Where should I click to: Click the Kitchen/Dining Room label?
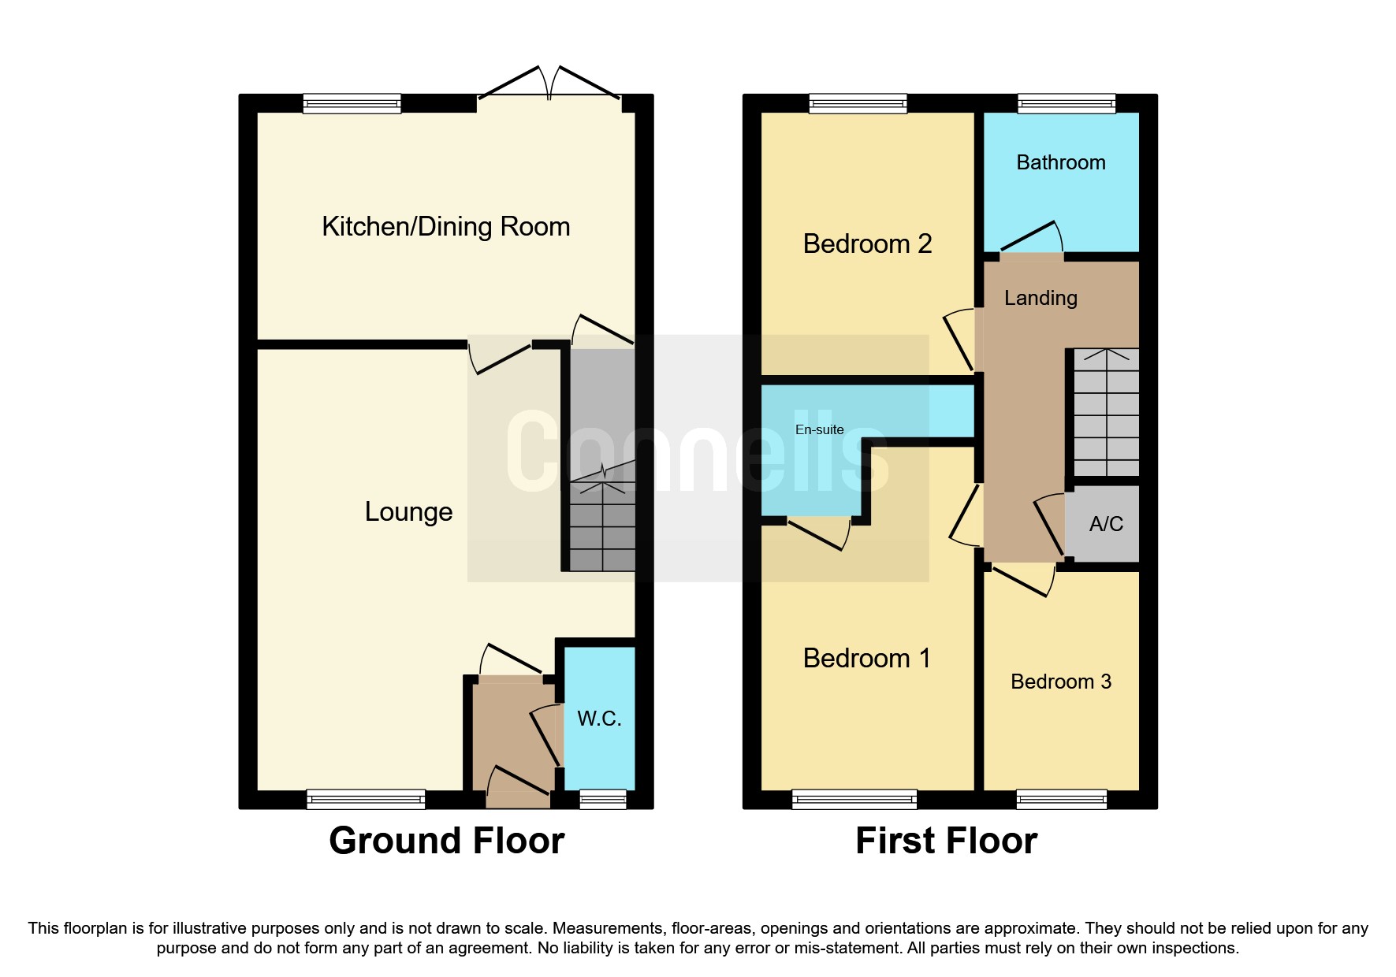pyautogui.click(x=445, y=227)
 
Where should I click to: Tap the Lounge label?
pyautogui.click(x=408, y=512)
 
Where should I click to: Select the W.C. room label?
pyautogui.click(x=599, y=719)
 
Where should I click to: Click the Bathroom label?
pyautogui.click(x=1060, y=163)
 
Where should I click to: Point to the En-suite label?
pyautogui.click(x=819, y=430)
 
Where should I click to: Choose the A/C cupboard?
pyautogui.click(x=1105, y=524)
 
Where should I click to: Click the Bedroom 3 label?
pyautogui.click(x=1060, y=682)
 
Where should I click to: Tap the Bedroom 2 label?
pyautogui.click(x=867, y=244)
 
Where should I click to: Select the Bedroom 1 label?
pyautogui.click(x=866, y=659)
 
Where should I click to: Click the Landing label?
pyautogui.click(x=1040, y=299)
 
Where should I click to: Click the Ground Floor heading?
pyautogui.click(x=446, y=841)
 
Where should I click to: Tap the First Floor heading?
pyautogui.click(x=946, y=841)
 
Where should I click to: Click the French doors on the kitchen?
pyautogui.click(x=549, y=87)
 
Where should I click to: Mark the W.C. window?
pyautogui.click(x=603, y=800)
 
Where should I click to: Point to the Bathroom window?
pyautogui.click(x=1066, y=103)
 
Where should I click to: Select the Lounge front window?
pyautogui.click(x=366, y=800)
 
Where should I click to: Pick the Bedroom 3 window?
pyautogui.click(x=1061, y=800)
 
